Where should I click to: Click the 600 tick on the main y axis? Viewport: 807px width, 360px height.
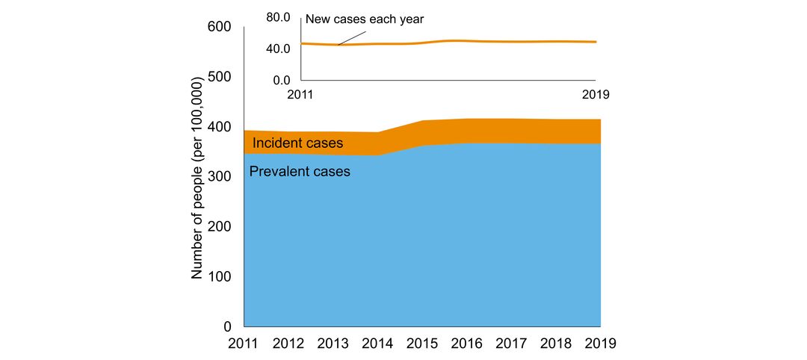(x=220, y=28)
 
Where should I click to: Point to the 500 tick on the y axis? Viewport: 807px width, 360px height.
(x=220, y=78)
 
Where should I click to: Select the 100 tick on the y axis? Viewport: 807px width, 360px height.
(x=220, y=277)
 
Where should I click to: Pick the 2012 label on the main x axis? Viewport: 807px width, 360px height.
(x=289, y=344)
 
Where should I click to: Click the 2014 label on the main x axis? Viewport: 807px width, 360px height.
(x=378, y=344)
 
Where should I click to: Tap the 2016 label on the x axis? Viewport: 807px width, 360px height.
(x=467, y=344)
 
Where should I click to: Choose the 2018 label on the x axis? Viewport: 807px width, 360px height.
(x=556, y=344)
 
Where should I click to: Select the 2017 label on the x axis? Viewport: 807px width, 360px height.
(x=512, y=344)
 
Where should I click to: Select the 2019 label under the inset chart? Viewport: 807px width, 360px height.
(x=596, y=95)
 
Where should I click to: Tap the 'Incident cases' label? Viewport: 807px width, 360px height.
(x=297, y=143)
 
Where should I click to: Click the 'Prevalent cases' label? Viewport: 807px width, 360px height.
(x=300, y=172)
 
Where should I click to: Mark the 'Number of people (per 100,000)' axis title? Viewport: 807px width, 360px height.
(x=197, y=178)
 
